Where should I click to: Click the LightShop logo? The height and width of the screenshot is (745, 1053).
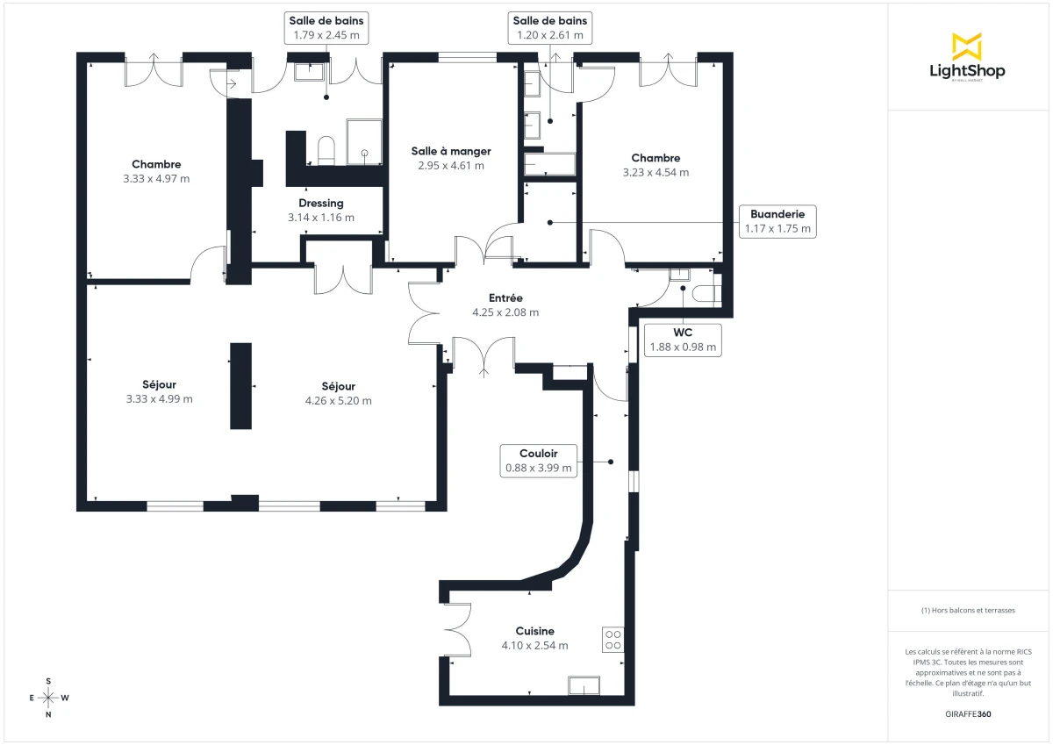(x=967, y=57)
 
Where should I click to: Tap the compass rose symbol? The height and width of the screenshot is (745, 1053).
(x=49, y=698)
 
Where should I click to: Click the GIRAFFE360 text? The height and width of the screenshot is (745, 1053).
(x=969, y=714)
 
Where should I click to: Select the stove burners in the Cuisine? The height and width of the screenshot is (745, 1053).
(x=612, y=640)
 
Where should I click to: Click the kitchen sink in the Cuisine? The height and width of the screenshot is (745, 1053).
(x=584, y=686)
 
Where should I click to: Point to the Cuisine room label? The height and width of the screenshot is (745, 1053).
(x=534, y=631)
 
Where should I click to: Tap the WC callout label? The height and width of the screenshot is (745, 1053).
(x=683, y=340)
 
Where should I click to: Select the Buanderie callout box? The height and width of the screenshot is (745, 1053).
(x=777, y=222)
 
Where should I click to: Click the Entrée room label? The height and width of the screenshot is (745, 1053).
(x=505, y=297)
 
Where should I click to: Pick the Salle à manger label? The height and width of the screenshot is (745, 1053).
(x=451, y=151)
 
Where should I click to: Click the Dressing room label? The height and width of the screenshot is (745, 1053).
(x=320, y=203)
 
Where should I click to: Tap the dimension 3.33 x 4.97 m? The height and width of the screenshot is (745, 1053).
(x=156, y=178)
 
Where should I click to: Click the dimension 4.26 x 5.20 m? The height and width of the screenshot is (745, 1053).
(x=338, y=401)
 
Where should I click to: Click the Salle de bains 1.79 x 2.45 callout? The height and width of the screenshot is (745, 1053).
(x=326, y=28)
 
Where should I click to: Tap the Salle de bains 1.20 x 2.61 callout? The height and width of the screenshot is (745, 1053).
(x=551, y=28)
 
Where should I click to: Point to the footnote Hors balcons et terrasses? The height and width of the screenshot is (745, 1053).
(x=968, y=610)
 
